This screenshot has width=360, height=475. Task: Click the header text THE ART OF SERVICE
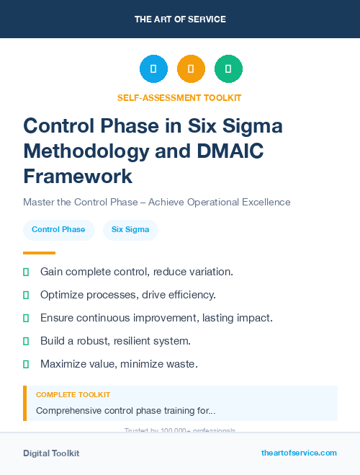point(180,19)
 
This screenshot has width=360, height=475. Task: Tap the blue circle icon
point(153,69)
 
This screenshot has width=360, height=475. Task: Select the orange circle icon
point(191,69)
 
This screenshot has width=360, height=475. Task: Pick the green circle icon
point(228,69)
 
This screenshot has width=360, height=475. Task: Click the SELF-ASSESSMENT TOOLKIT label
point(179,97)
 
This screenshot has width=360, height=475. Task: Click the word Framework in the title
point(78,177)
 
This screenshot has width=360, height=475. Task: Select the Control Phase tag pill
point(58,230)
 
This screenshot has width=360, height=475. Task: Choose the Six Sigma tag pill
point(130,230)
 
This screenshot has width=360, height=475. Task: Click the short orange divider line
point(39,253)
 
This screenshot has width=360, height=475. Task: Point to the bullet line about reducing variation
point(136,272)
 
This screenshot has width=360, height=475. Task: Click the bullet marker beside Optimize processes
point(26,295)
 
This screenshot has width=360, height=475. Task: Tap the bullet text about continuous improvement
point(156,318)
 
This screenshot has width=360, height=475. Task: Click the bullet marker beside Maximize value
point(26,364)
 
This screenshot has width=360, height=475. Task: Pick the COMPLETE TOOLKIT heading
point(73,395)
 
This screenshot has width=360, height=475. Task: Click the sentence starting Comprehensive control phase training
point(125,411)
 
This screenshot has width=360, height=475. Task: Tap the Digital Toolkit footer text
point(51,453)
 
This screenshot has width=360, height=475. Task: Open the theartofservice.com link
point(299,453)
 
